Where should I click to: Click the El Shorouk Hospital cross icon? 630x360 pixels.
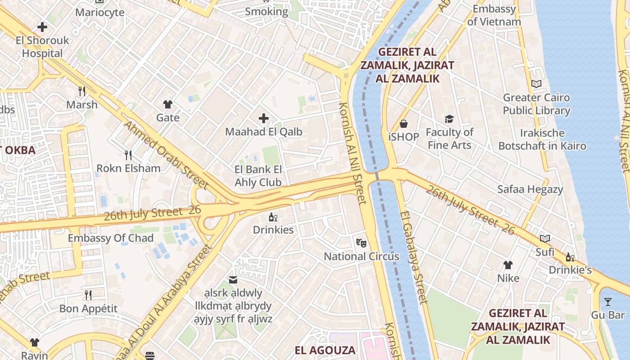click(x=42, y=27)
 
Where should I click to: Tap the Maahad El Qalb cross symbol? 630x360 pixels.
click(x=264, y=118)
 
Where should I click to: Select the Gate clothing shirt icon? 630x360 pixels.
click(x=168, y=104)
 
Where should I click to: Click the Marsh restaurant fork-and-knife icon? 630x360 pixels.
click(x=82, y=91)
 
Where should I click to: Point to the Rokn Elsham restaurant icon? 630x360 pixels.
click(x=128, y=155)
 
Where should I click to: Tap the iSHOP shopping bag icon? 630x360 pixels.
click(x=404, y=123)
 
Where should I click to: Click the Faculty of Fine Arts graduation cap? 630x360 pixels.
click(x=449, y=119)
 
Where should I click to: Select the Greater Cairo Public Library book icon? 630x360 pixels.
click(x=536, y=84)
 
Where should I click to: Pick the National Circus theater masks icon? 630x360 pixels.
click(x=361, y=243)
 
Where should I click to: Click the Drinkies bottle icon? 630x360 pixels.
click(x=273, y=217)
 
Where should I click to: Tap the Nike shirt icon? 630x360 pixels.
click(x=508, y=265)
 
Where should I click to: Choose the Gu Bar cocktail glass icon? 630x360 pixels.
click(x=608, y=301)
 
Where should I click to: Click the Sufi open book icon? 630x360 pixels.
click(x=545, y=238)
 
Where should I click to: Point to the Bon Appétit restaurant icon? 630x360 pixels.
click(x=88, y=295)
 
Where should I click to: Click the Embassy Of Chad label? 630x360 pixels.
click(x=111, y=238)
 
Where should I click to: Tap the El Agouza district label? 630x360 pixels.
click(x=325, y=350)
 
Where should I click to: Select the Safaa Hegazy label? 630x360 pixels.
click(x=530, y=189)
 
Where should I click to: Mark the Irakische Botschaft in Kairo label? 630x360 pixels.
click(x=542, y=139)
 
